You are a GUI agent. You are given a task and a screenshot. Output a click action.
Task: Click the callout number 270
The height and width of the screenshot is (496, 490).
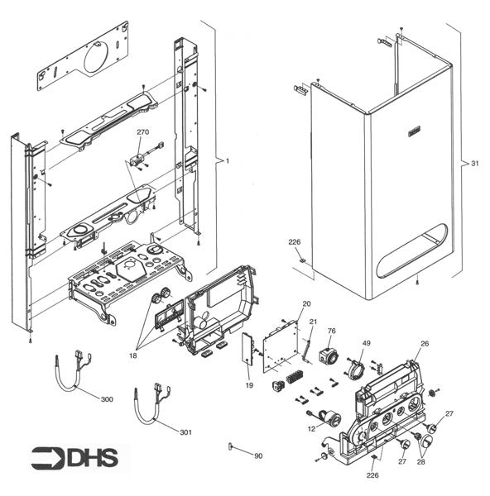point(142,132)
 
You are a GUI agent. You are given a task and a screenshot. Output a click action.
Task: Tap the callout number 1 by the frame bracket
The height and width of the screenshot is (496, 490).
point(227,160)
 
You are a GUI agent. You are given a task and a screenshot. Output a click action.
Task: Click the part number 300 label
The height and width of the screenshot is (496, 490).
point(106,400)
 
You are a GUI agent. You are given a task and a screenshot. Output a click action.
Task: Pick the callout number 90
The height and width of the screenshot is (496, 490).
point(258,455)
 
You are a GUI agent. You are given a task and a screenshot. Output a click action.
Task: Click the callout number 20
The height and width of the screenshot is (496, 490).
point(305,303)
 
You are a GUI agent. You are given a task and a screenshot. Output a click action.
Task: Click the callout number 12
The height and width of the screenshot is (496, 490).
point(311,428)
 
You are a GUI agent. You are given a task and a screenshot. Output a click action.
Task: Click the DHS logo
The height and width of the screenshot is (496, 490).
point(74,457)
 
